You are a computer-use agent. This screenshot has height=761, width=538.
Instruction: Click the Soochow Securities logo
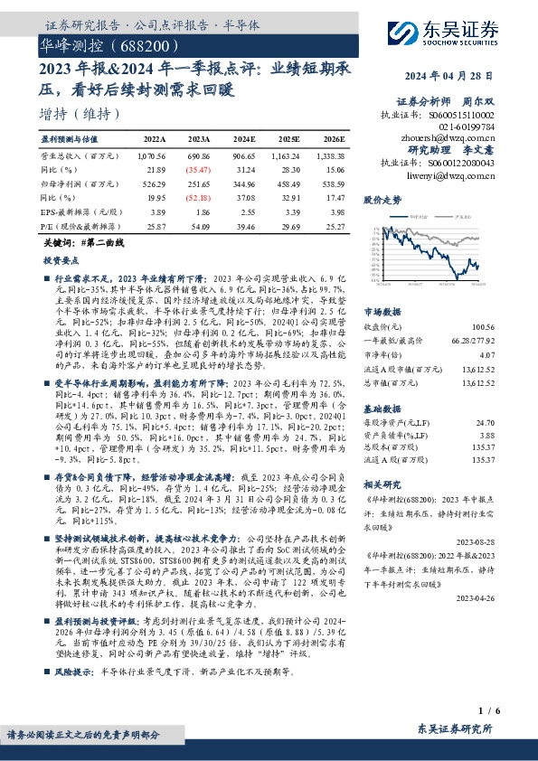[460, 33]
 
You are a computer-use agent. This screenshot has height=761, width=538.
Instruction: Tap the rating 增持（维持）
[81, 114]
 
